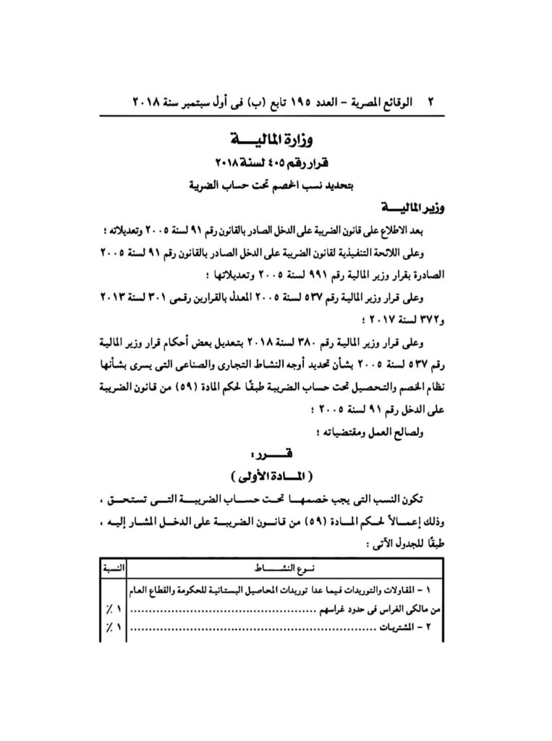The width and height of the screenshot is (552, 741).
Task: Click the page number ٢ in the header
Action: [433, 103]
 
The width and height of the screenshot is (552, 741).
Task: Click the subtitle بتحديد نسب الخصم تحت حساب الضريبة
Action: [276, 185]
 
